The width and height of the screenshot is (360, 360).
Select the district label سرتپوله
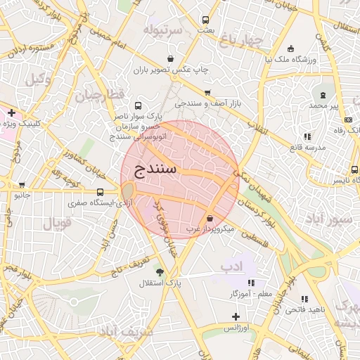click(x=162, y=30)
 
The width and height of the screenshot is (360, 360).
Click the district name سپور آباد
click(x=328, y=219)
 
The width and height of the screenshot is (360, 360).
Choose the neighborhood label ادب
click(x=231, y=266)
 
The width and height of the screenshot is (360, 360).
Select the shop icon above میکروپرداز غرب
click(x=210, y=218)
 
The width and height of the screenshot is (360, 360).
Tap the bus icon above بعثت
click(x=205, y=20)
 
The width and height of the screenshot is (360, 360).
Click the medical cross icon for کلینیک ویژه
click(x=12, y=112)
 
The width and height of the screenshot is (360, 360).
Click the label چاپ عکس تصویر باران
click(x=172, y=70)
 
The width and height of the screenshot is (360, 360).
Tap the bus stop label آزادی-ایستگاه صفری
click(x=92, y=202)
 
